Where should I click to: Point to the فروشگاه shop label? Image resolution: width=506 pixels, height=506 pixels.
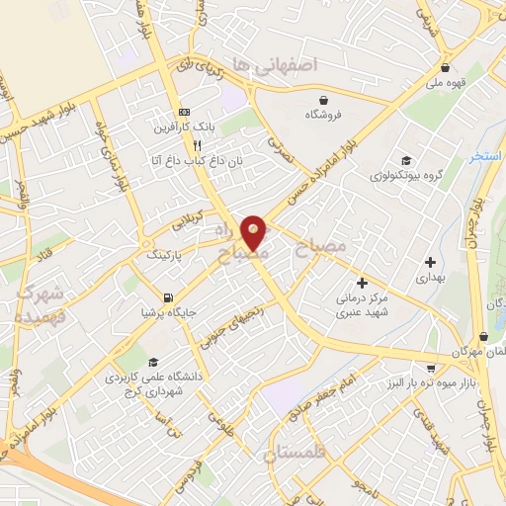pyautogui.click(x=324, y=115)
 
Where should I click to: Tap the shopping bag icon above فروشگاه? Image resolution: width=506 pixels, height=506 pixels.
pyautogui.click(x=324, y=99)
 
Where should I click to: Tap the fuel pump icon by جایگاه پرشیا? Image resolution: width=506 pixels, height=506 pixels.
pyautogui.click(x=169, y=296)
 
